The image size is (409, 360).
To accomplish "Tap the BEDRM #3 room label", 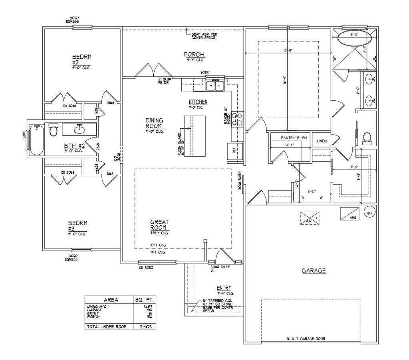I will pyautogui.click(x=77, y=226).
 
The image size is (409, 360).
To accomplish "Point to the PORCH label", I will pyautogui.click(x=195, y=54).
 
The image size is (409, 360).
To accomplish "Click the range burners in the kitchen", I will pyautogui.click(x=239, y=119).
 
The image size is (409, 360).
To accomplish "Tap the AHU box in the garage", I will pyautogui.click(x=350, y=214).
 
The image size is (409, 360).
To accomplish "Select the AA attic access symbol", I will pyautogui.click(x=310, y=217).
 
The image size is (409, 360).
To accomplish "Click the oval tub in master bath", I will pyautogui.click(x=354, y=39).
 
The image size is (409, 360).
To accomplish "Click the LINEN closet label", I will pyautogui.click(x=322, y=141).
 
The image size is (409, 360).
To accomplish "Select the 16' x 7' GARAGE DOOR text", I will pyautogui.click(x=306, y=339).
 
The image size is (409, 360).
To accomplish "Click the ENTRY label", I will pyautogui.click(x=224, y=288).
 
